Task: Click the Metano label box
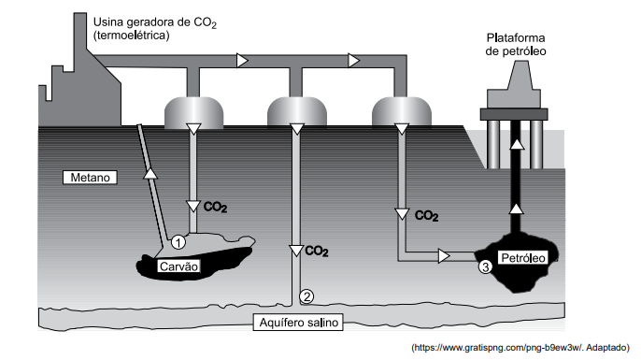[90, 178]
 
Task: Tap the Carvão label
[178, 266]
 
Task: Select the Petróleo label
[523, 258]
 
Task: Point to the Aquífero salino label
[298, 323]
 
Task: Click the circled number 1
[178, 242]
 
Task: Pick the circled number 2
[306, 296]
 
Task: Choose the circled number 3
[485, 267]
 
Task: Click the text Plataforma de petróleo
[516, 45]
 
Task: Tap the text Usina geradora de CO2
[155, 22]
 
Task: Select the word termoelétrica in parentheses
[131, 36]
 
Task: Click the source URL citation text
[520, 348]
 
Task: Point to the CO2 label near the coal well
[215, 207]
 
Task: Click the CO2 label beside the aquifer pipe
[317, 252]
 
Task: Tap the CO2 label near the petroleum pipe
[426, 216]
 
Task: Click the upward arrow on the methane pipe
[150, 174]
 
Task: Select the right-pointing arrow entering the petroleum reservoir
[444, 256]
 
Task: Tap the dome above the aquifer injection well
[297, 111]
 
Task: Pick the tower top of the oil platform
[520, 75]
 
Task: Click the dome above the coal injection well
[193, 111]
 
